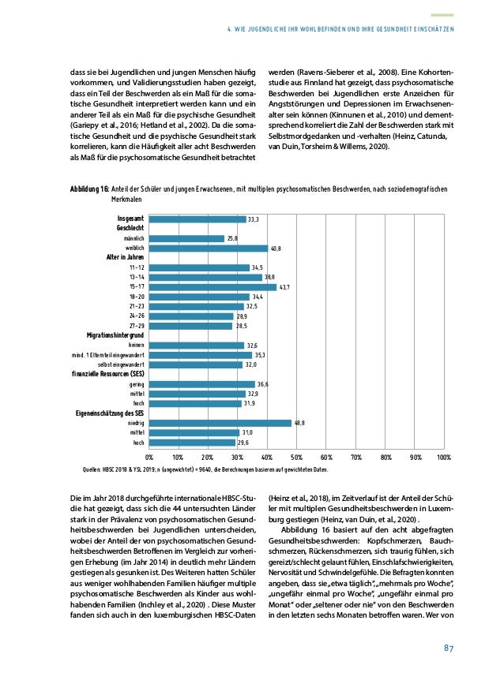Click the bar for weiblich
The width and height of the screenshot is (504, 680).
(x=209, y=248)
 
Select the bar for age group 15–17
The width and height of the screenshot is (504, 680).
(x=213, y=287)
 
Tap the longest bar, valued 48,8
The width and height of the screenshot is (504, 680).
(x=220, y=423)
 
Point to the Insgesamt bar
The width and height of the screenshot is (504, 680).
(x=197, y=219)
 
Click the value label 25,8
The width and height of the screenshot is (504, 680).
(x=233, y=238)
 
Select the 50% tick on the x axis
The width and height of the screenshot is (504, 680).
(x=296, y=457)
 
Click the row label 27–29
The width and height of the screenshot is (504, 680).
(x=135, y=326)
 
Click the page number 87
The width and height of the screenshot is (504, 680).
(x=446, y=648)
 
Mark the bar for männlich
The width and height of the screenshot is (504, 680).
(x=186, y=238)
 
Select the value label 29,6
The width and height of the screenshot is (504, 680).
(x=244, y=443)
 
